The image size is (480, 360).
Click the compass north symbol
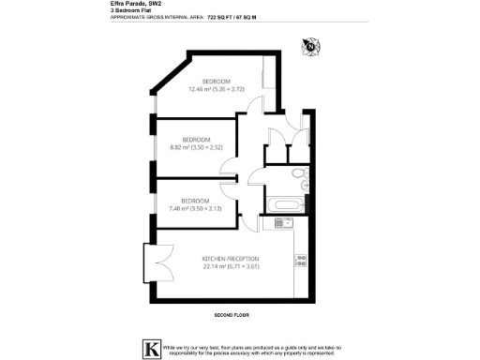[310, 44]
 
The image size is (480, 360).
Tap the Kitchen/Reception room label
[230, 258]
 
